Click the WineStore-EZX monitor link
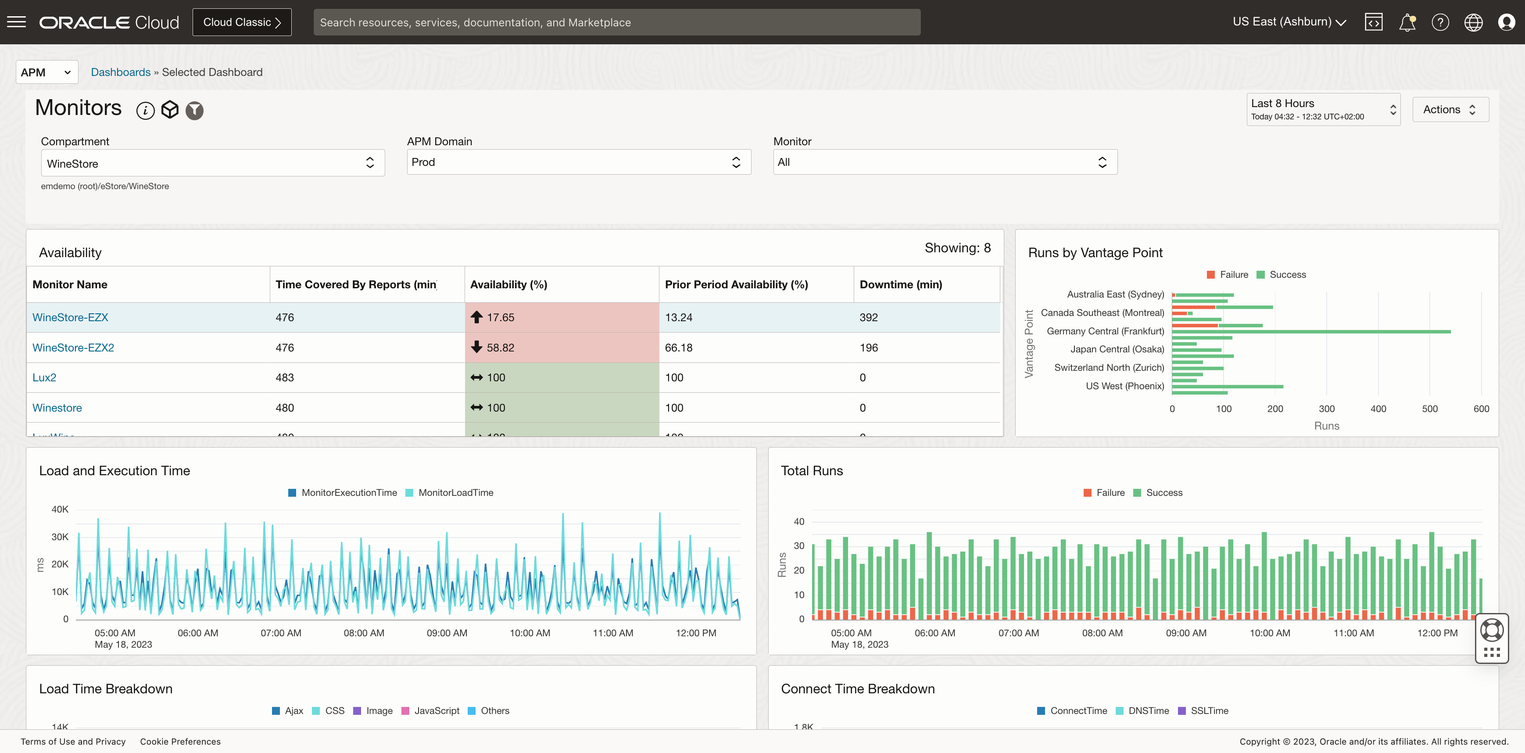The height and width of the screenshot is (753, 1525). (x=70, y=317)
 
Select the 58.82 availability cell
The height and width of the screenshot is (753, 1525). (x=561, y=348)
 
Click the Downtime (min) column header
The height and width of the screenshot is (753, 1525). (x=900, y=284)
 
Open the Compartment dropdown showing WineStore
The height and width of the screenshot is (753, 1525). (x=212, y=163)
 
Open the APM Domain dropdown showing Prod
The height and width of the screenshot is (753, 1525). (x=578, y=162)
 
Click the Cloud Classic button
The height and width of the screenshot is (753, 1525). (x=242, y=22)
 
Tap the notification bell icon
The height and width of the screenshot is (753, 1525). (x=1407, y=22)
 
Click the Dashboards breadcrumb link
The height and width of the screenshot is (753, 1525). (x=120, y=72)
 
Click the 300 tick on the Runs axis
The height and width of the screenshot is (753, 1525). (x=1326, y=409)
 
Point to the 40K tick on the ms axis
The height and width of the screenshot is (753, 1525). (x=60, y=509)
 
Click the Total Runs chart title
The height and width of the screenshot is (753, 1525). (x=811, y=470)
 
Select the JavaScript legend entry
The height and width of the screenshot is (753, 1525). (x=436, y=710)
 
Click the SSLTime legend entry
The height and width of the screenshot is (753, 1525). (x=1208, y=710)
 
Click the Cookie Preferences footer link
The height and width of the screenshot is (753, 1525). (x=180, y=741)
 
